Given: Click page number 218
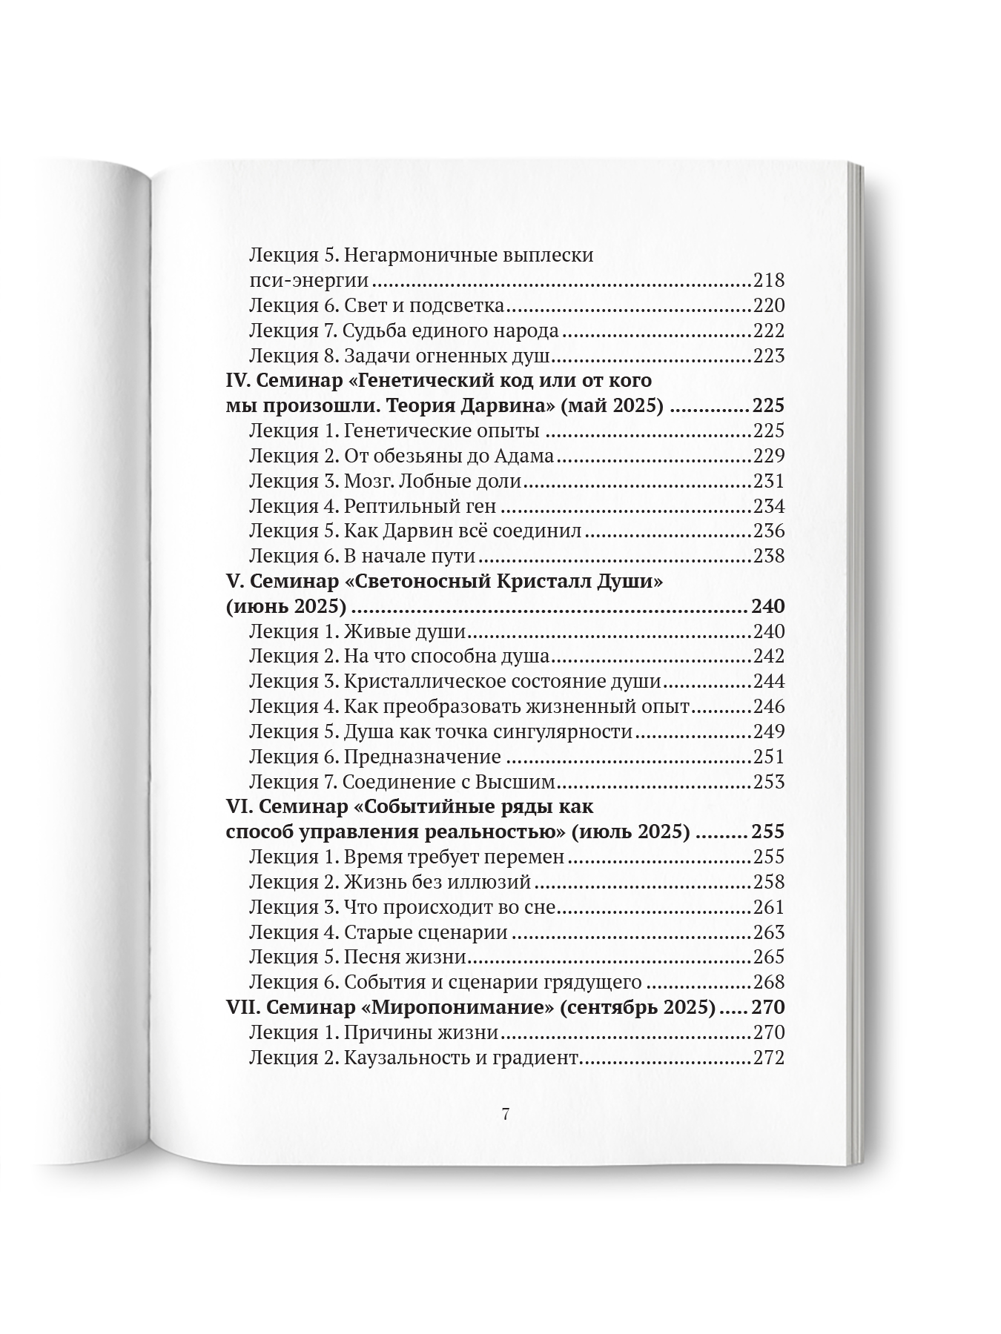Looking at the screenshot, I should point(768,281).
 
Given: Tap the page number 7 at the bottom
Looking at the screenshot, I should point(505,1114).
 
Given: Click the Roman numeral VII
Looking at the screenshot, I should point(241,1007).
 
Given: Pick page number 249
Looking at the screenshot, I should point(768,731).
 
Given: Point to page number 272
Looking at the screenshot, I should point(768,1058).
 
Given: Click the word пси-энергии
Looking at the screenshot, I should point(308,281).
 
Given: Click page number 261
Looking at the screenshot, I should point(768,907).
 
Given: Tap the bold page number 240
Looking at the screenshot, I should point(767,606).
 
